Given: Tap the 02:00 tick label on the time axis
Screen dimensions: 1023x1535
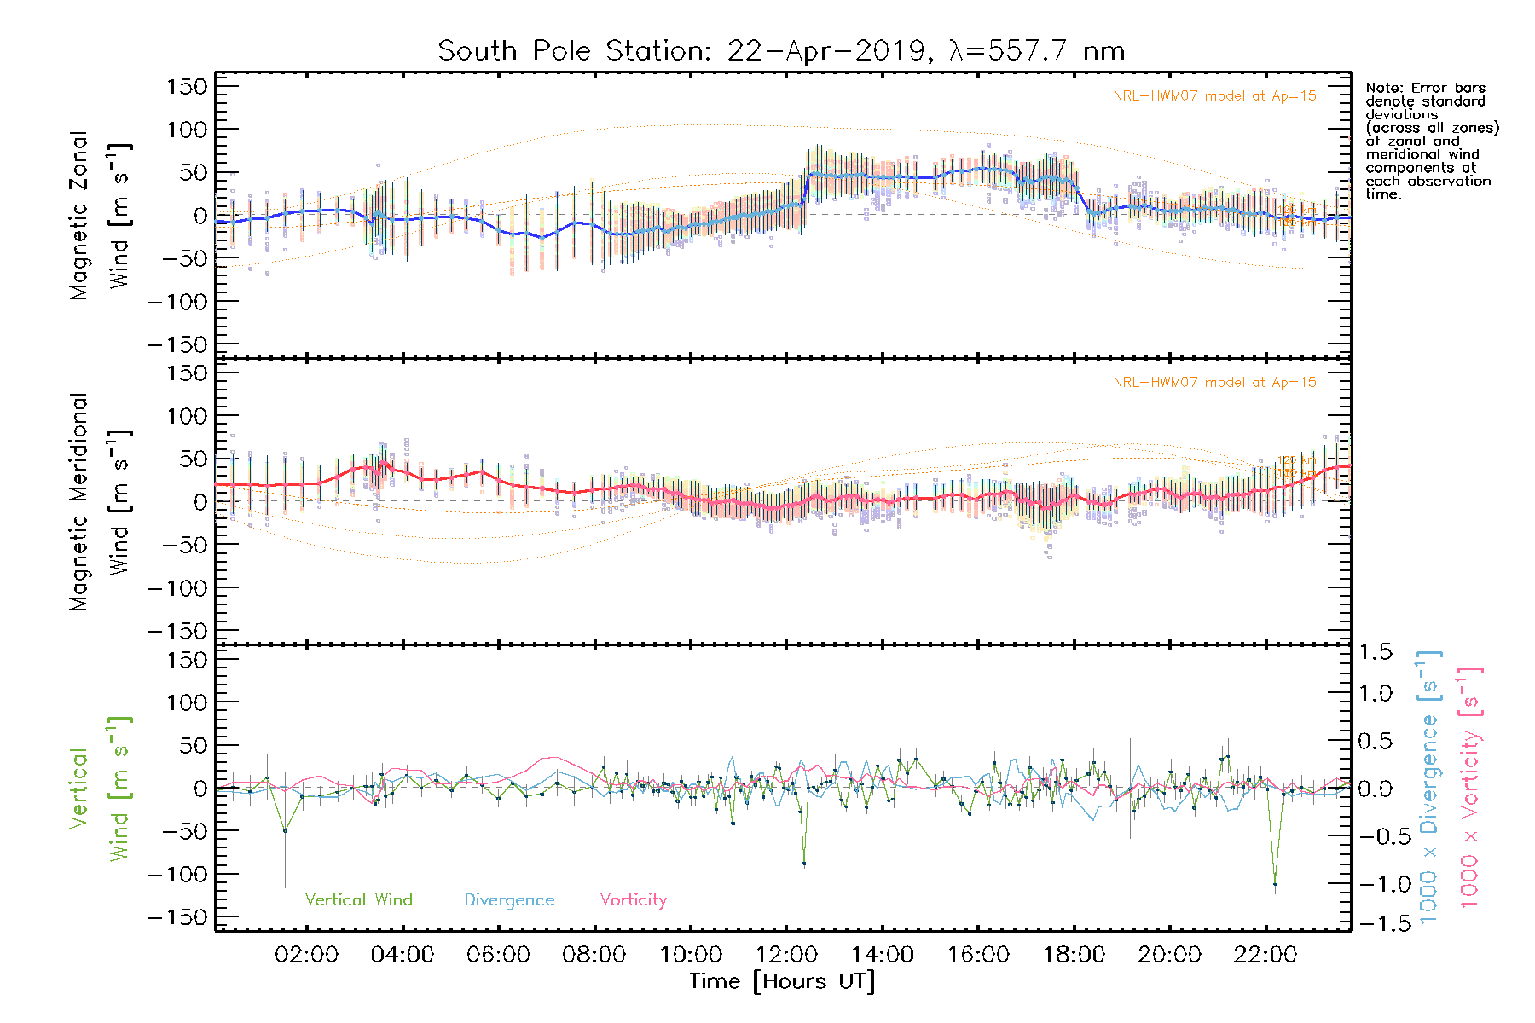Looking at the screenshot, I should tap(306, 955).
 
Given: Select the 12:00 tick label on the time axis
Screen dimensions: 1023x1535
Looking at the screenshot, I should tap(786, 955).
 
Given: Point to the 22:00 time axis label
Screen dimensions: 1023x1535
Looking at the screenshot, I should tap(1266, 955).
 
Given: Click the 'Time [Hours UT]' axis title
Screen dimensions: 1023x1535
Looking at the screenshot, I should tap(782, 981).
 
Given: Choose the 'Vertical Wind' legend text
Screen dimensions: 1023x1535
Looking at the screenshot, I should tap(358, 900).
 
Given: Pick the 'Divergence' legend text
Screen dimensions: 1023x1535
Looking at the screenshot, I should tap(509, 900).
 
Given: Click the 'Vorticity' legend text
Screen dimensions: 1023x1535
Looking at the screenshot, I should tap(633, 900).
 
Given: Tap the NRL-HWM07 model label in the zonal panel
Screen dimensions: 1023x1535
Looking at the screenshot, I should tap(1214, 96).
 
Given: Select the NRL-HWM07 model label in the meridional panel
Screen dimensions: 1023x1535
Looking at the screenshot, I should tap(1214, 383).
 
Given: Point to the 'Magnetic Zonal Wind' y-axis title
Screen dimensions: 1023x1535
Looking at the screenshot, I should tap(101, 215).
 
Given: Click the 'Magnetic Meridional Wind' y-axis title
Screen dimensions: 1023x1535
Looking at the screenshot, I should tap(101, 502).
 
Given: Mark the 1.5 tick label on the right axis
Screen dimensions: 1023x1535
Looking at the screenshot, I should tap(1376, 652).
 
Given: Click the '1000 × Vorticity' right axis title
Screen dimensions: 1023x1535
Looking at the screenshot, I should tap(1469, 787).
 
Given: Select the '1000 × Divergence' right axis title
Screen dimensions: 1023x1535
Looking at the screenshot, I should tap(1429, 787).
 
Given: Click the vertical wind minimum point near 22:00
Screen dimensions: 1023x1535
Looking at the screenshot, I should tap(1275, 884).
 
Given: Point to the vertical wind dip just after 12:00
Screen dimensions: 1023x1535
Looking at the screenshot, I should tap(803, 864).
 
